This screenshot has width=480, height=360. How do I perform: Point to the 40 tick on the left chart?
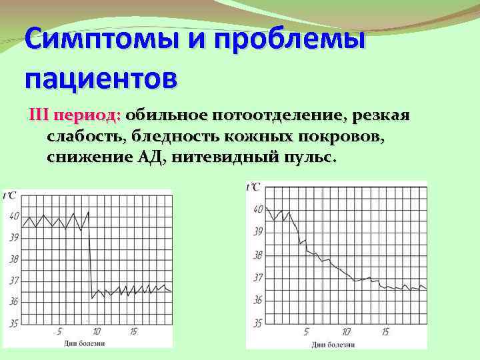pyautogui.click(x=15, y=216)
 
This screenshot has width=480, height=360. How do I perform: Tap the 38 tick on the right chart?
pyautogui.click(x=257, y=255)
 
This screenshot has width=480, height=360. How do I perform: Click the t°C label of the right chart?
pyautogui.click(x=253, y=187)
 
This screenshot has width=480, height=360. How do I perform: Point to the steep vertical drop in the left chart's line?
pyautogui.click(x=91, y=260)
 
